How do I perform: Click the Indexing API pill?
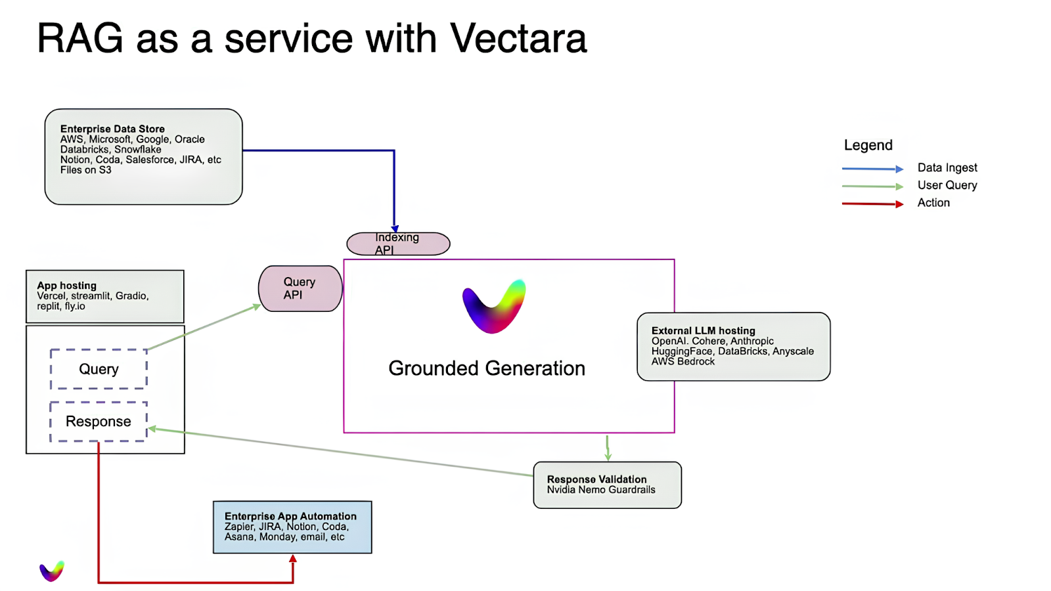pyautogui.click(x=398, y=244)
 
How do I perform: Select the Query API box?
pyautogui.click(x=300, y=288)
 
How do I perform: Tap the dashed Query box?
pyautogui.click(x=99, y=369)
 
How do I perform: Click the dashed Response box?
pyautogui.click(x=99, y=422)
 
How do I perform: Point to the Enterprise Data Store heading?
pyautogui.click(x=112, y=129)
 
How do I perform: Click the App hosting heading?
pyautogui.click(x=66, y=286)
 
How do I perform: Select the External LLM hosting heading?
pyautogui.click(x=703, y=331)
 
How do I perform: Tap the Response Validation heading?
pyautogui.click(x=596, y=479)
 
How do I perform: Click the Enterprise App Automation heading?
pyautogui.click(x=290, y=516)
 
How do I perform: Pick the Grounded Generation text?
pyautogui.click(x=486, y=368)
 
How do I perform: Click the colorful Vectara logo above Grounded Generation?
pyautogui.click(x=494, y=307)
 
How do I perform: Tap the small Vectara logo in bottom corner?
pyautogui.click(x=52, y=571)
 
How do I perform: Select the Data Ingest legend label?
pyautogui.click(x=947, y=168)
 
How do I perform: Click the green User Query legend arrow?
pyautogui.click(x=872, y=186)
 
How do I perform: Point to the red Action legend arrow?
pyautogui.click(x=872, y=204)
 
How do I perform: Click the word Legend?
pyautogui.click(x=868, y=145)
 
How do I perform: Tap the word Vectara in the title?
pyautogui.click(x=518, y=38)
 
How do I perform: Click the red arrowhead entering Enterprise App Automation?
pyautogui.click(x=293, y=559)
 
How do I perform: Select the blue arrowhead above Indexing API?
pyautogui.click(x=395, y=229)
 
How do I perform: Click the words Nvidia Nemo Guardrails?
pyautogui.click(x=601, y=490)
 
